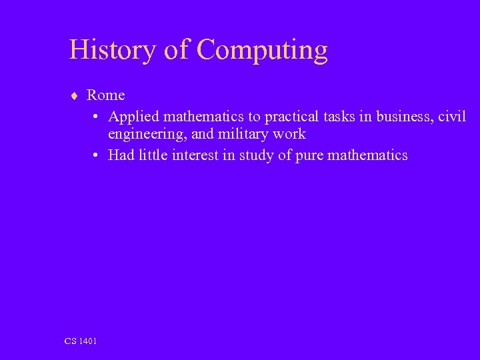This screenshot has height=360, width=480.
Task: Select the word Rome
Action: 106,95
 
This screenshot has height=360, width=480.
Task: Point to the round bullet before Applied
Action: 97,117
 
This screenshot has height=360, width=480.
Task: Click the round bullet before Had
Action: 97,156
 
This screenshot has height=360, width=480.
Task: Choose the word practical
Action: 291,117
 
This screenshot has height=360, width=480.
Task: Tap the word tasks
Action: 340,117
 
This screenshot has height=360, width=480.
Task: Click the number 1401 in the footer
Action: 88,341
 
